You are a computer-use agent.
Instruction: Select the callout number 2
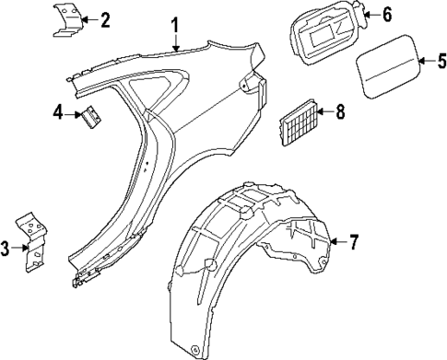(105, 19)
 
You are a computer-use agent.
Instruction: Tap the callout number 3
(6, 249)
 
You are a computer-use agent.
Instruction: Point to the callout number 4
(58, 113)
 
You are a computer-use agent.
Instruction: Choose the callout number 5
(440, 63)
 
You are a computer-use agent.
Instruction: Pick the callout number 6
(386, 13)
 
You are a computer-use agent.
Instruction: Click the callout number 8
(340, 113)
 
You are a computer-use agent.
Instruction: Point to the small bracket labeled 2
(67, 19)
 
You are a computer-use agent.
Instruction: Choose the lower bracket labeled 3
(33, 245)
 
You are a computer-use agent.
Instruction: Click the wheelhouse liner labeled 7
(249, 267)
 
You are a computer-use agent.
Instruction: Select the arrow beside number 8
(323, 113)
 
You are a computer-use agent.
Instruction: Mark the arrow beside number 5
(425, 63)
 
